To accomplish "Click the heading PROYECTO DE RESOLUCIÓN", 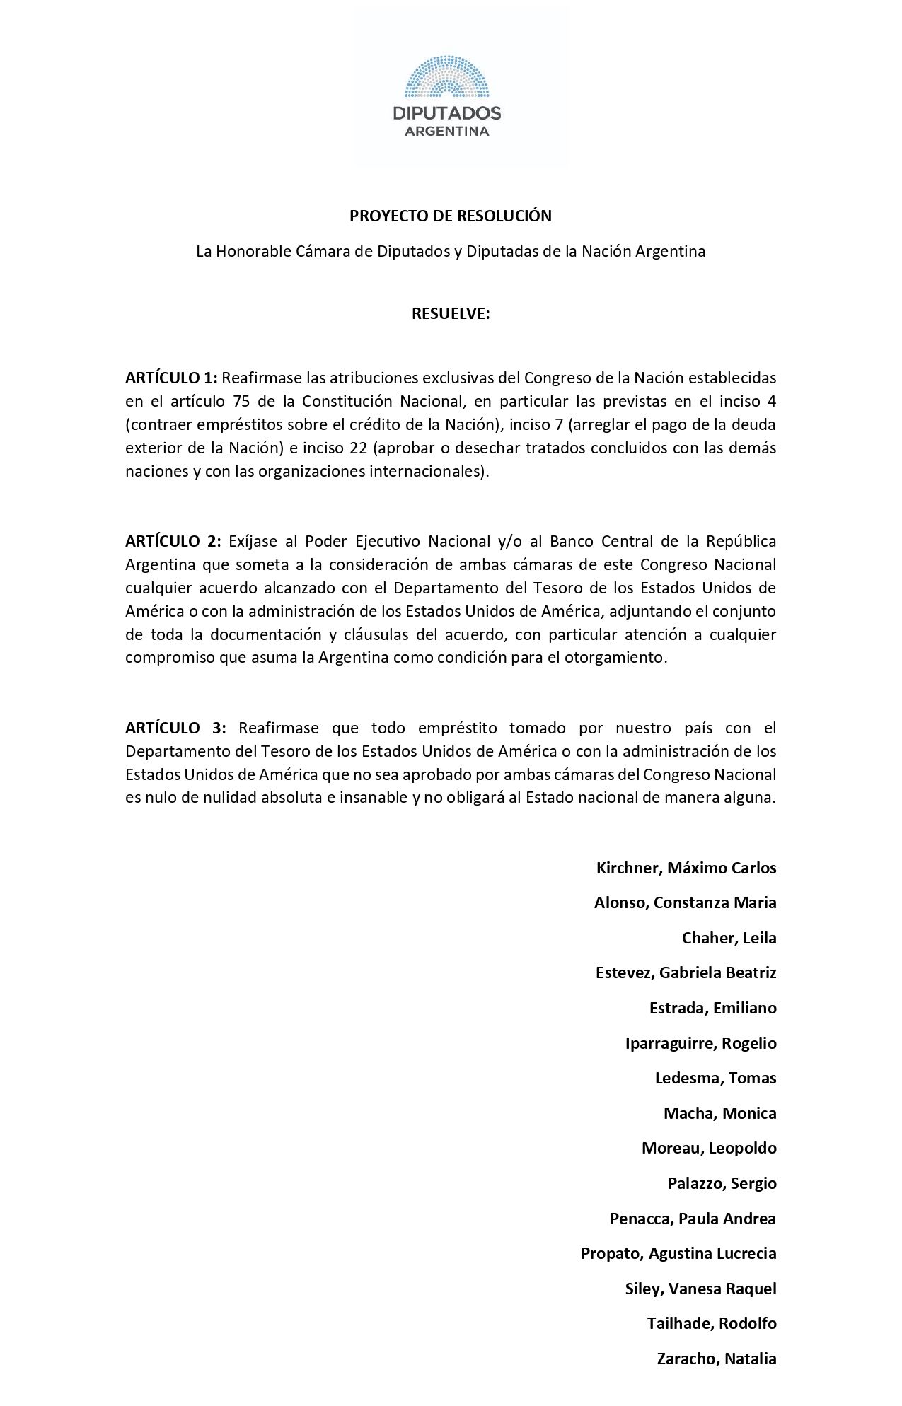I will [451, 216].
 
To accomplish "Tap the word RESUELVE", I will [451, 314].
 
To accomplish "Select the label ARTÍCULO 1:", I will [170, 378].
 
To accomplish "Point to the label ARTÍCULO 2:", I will [173, 542].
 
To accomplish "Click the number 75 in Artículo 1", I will [238, 401].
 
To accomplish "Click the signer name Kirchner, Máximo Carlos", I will [686, 868].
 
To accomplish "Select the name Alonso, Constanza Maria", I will [685, 902].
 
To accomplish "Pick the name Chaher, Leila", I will [729, 938].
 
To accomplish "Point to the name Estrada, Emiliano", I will [712, 1008].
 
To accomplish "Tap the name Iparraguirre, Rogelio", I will [700, 1043].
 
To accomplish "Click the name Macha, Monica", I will [719, 1113].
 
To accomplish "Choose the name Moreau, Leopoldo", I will [709, 1148].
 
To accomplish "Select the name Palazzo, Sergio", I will [722, 1183].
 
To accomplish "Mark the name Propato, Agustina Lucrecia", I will [678, 1253].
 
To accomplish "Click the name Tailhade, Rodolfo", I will [712, 1323].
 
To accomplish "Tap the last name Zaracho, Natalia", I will [717, 1359].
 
